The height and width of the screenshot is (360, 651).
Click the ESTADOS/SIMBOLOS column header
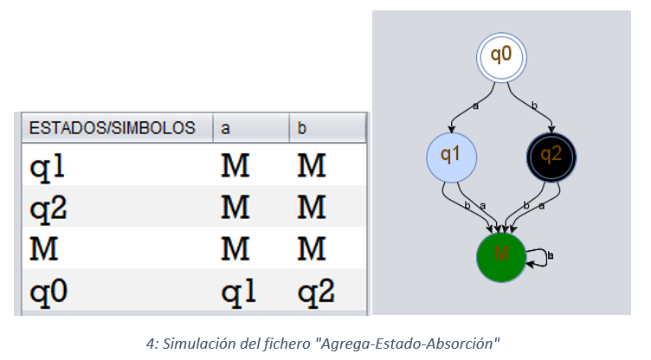(x=113, y=128)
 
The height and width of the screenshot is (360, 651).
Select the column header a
(x=226, y=128)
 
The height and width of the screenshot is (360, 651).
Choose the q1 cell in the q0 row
(x=239, y=292)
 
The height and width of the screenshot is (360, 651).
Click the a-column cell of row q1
(x=236, y=165)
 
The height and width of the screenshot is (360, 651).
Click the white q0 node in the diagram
(x=501, y=55)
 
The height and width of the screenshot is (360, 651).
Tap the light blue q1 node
(x=451, y=156)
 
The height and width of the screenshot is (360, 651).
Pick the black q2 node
(x=551, y=156)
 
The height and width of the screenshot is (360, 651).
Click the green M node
(x=501, y=255)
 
